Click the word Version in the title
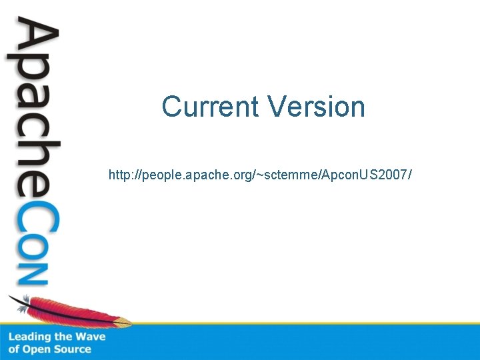pos(316,107)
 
